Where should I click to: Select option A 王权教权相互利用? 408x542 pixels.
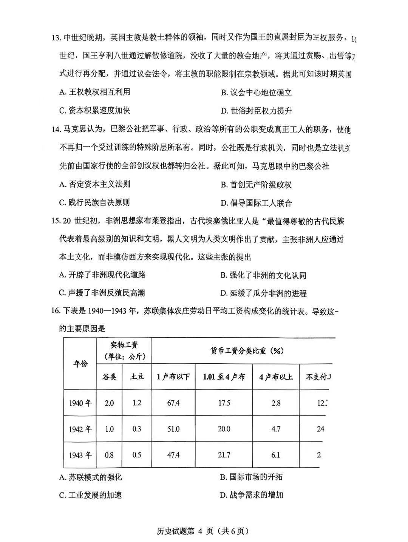point(94,92)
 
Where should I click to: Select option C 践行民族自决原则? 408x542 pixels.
point(94,202)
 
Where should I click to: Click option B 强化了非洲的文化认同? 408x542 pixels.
point(263,275)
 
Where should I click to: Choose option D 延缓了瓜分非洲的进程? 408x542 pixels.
point(263,293)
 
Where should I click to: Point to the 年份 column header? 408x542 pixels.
point(80,364)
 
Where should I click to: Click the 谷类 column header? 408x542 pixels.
point(109,377)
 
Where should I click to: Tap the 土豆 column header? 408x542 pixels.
point(137,377)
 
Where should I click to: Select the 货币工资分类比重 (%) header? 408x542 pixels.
point(247,351)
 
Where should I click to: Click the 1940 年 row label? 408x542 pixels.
point(80,403)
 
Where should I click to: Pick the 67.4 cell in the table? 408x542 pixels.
point(173,403)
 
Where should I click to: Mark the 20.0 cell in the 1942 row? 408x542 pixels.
point(224,429)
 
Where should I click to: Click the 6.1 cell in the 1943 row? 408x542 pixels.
point(276,455)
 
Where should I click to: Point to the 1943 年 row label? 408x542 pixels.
point(80,455)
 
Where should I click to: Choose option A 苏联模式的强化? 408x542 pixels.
point(91,477)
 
